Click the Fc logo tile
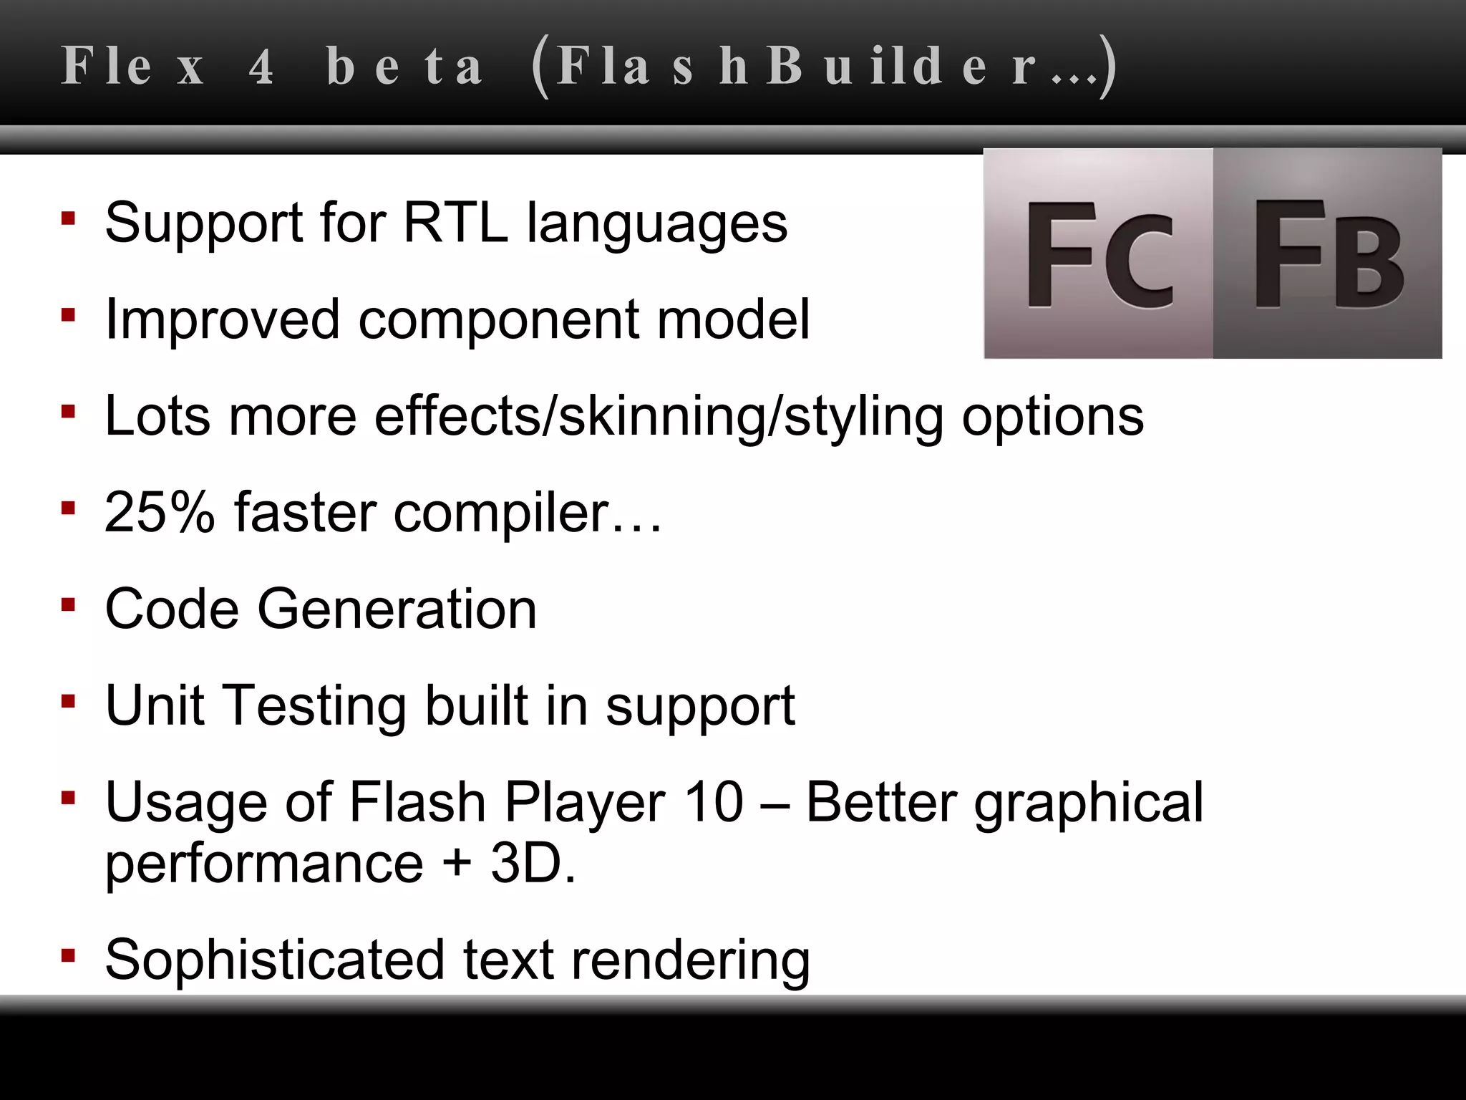[x=1099, y=254]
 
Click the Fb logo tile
[x=1328, y=254]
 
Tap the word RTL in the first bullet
[x=455, y=223]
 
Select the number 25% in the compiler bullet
[x=159, y=512]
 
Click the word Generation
[x=397, y=609]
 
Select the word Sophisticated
[x=275, y=960]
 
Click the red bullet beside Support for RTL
[x=69, y=218]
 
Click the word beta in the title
[x=405, y=67]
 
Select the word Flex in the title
[x=133, y=67]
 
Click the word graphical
[x=1088, y=804]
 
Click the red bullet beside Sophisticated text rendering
[x=69, y=955]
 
